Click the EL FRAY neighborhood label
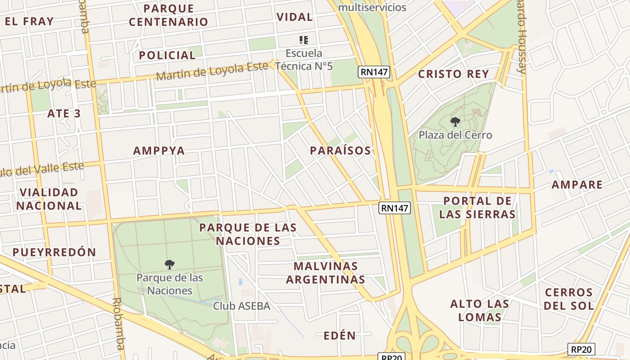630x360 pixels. [x=29, y=21]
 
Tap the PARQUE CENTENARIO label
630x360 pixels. [x=168, y=15]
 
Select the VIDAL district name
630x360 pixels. [x=295, y=17]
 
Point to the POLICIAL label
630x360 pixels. [x=167, y=55]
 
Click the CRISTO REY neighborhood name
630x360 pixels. [x=454, y=74]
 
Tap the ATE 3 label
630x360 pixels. [x=64, y=113]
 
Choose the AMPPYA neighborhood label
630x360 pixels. [x=159, y=151]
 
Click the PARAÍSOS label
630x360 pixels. [x=341, y=151]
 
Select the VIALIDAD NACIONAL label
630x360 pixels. [x=49, y=199]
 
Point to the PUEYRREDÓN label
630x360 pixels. [x=54, y=252]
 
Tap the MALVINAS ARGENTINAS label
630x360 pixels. [x=326, y=273]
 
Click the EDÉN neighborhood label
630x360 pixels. [x=340, y=335]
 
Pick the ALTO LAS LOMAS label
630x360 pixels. [x=480, y=310]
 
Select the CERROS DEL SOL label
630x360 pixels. [x=569, y=299]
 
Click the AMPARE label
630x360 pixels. [x=577, y=184]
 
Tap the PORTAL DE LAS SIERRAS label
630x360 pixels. [x=477, y=207]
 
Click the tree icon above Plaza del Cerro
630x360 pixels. [x=455, y=121]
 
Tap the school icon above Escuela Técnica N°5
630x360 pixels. [x=304, y=40]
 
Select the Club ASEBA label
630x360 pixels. [x=242, y=306]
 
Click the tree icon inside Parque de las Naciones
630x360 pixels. [x=170, y=265]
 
